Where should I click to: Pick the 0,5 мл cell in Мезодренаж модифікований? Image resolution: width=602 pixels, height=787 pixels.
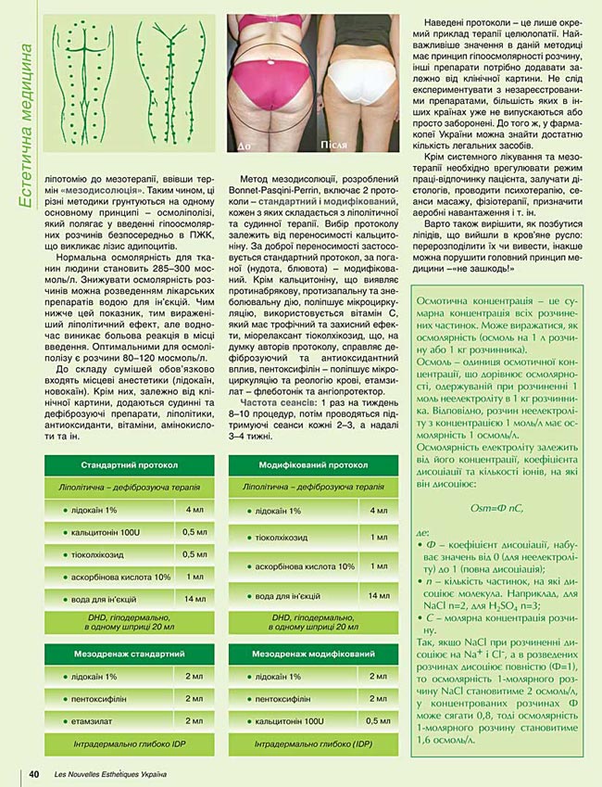tap(378, 720)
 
